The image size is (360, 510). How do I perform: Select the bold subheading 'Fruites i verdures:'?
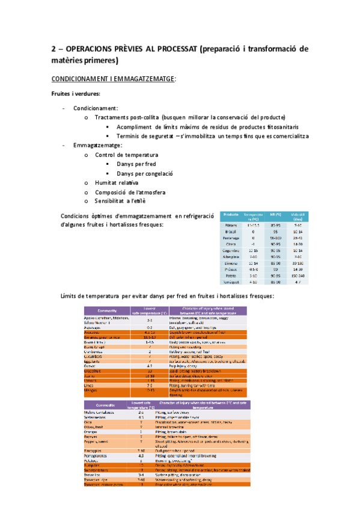click(75, 94)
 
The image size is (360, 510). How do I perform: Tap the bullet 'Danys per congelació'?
click(145, 173)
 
